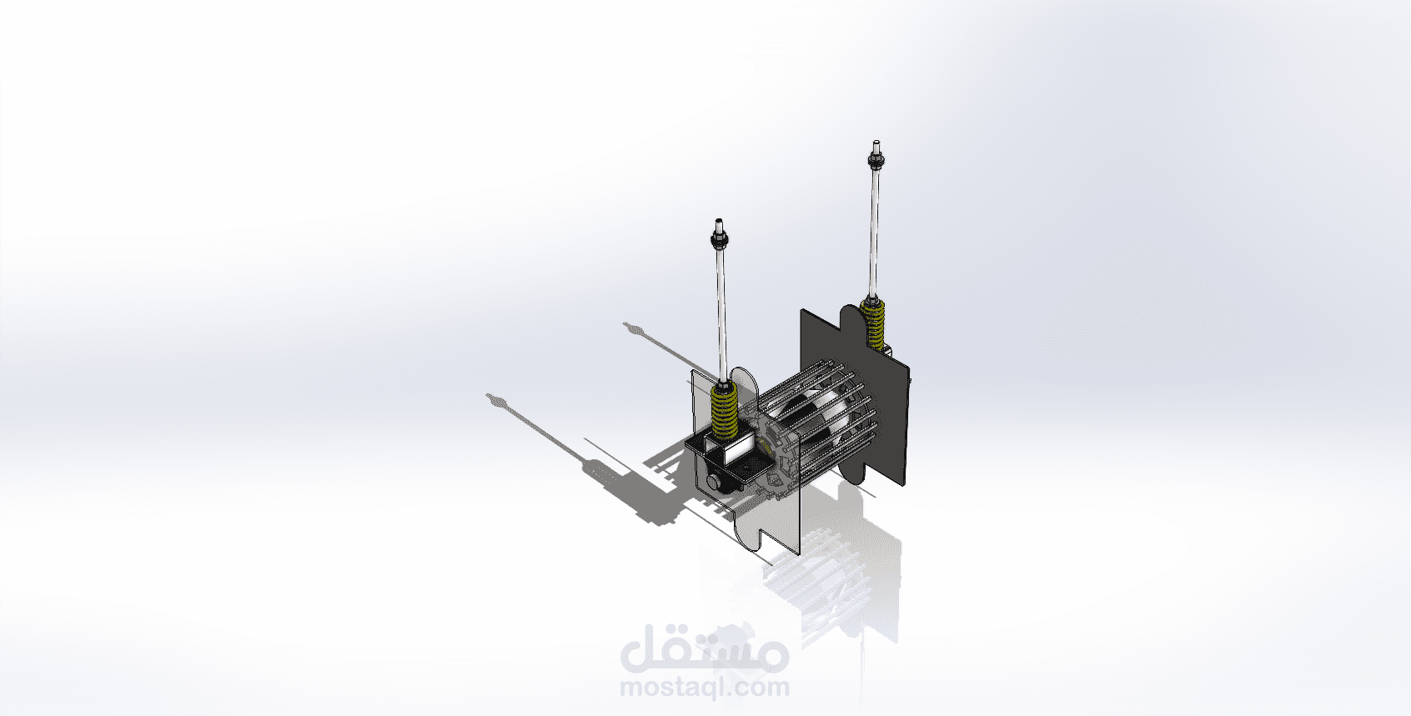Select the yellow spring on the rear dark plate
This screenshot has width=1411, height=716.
point(873,323)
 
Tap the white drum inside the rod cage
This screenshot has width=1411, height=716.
point(812,417)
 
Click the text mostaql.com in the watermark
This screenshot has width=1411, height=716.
point(704,687)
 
